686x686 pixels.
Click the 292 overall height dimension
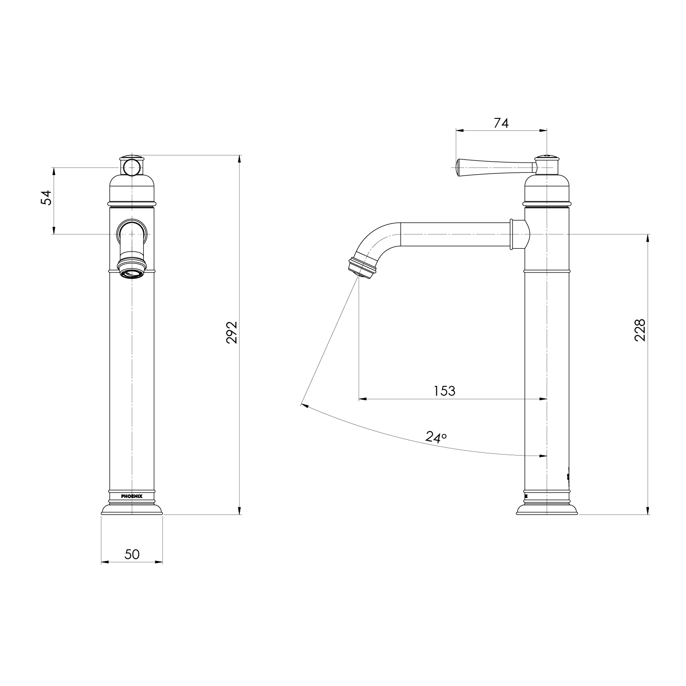pyautogui.click(x=232, y=332)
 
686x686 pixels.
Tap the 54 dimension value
pyautogui.click(x=46, y=197)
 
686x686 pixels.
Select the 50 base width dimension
pyautogui.click(x=132, y=554)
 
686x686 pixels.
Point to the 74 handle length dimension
pyautogui.click(x=501, y=123)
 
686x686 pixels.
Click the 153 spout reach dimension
pyautogui.click(x=444, y=391)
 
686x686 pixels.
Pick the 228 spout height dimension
pyautogui.click(x=640, y=330)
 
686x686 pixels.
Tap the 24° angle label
pyautogui.click(x=436, y=437)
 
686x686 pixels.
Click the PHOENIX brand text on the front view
pyautogui.click(x=132, y=496)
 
